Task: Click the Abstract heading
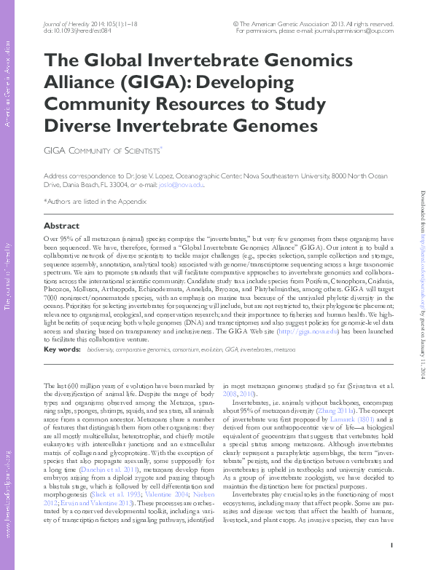[x=61, y=226]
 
